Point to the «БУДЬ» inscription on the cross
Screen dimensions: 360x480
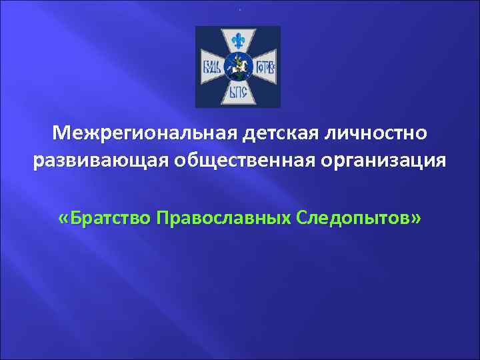tap(214, 67)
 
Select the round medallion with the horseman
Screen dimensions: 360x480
tap(238, 67)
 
